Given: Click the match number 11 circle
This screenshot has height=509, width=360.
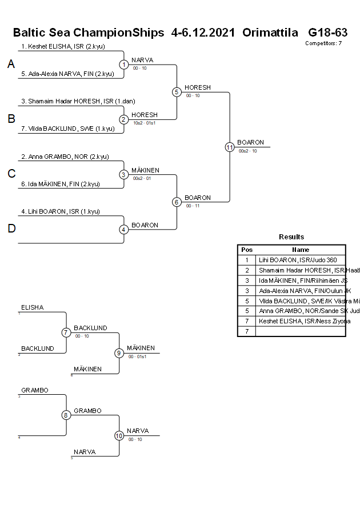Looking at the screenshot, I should (x=230, y=147).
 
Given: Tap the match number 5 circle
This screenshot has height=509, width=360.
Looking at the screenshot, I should (x=177, y=91).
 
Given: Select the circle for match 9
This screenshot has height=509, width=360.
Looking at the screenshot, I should (x=119, y=353).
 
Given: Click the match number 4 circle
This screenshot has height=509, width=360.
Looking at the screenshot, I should (x=124, y=230).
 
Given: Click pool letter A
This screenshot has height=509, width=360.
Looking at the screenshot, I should (x=11, y=65).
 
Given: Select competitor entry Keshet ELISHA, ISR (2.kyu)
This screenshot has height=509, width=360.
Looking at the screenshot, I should (x=63, y=47).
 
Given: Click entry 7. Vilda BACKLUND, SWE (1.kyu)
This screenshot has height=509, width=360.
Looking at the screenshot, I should (x=66, y=129).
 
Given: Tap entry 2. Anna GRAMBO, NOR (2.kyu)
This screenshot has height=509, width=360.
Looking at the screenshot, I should (x=65, y=157).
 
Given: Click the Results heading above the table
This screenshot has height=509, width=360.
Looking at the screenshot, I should (x=291, y=237).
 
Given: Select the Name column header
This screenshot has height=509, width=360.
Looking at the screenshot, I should (x=300, y=250).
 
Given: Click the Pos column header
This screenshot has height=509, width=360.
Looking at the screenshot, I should (x=247, y=250).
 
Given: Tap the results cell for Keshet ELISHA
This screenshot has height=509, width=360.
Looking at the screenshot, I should (x=301, y=321).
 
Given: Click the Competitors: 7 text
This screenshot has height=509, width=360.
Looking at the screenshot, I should (x=323, y=43).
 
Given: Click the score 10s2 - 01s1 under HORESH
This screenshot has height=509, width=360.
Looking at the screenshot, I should (x=144, y=123).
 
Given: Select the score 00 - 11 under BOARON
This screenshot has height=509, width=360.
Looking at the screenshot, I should (x=193, y=206).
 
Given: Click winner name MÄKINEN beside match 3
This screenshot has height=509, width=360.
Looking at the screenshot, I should (x=145, y=170).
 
